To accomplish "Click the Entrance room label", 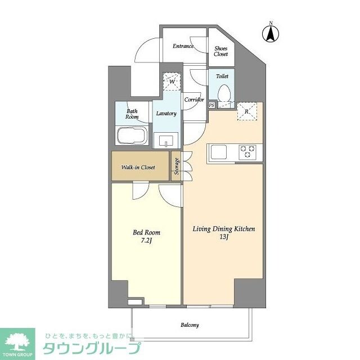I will click(x=183, y=46).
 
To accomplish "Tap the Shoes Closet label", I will click(x=221, y=51).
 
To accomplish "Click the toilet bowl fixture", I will click(x=224, y=93).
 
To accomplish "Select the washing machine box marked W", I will click(x=171, y=82).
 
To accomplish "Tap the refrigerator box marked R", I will click(x=246, y=111).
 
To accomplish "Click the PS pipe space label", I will click(x=211, y=105).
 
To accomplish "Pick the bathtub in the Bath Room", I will click(x=132, y=136).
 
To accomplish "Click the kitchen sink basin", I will click(x=218, y=151).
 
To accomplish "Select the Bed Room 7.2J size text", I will click(x=147, y=240).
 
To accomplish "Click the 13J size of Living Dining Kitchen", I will click(x=224, y=237).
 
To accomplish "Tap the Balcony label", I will click(x=190, y=325).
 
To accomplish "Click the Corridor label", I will click(x=193, y=100).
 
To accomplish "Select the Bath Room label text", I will click(x=132, y=114).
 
